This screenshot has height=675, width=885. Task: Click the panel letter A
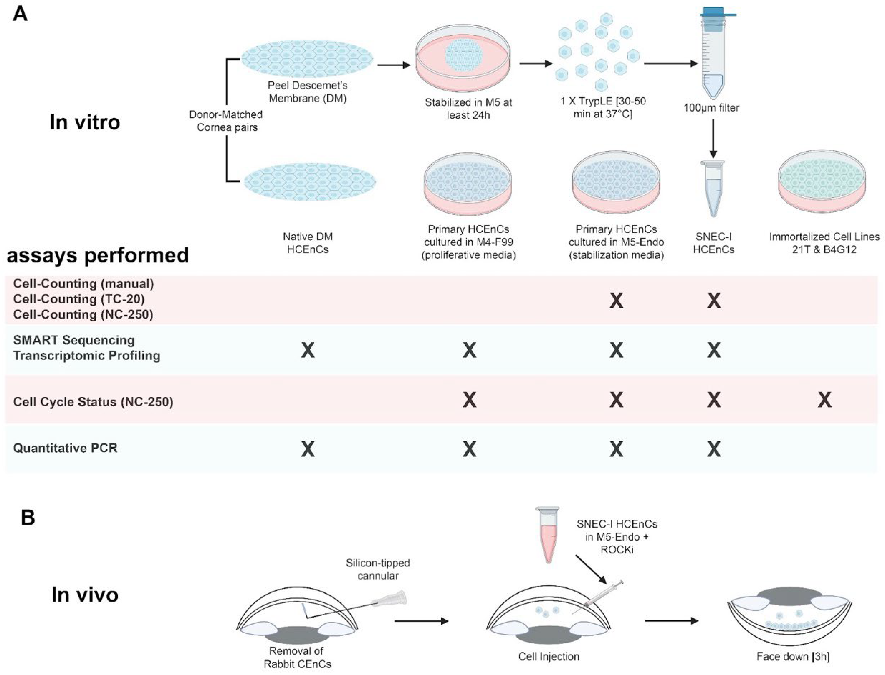[x=20, y=15]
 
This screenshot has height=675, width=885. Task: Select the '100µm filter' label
[x=711, y=108]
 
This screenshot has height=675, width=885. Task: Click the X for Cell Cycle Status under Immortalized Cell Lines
[x=824, y=400]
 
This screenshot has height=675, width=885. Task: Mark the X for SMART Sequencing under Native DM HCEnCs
[x=308, y=350]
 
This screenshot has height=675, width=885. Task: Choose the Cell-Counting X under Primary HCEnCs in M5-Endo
[x=616, y=301]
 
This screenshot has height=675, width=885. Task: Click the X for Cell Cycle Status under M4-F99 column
[x=469, y=400]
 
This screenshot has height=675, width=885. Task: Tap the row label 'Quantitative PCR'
[x=65, y=448]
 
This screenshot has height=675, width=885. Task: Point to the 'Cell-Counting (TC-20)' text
[x=79, y=299]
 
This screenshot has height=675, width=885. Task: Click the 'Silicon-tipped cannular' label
[x=378, y=569]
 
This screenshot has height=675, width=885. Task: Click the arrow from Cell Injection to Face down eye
[x=671, y=621]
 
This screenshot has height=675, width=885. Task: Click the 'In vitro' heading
[x=85, y=122]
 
